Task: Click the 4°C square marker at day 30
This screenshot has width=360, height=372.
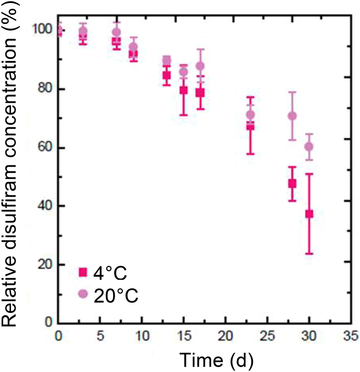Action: (x=309, y=214)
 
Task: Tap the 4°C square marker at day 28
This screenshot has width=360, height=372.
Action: (x=292, y=184)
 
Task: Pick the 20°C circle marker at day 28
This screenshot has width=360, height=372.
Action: (x=292, y=116)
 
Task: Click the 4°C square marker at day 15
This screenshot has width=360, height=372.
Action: (x=183, y=90)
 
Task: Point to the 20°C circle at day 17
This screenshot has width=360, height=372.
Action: (x=200, y=66)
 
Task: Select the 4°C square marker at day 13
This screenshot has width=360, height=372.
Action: (x=167, y=76)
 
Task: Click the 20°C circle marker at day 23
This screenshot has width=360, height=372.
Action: (x=251, y=114)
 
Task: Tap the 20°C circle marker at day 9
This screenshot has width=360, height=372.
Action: (x=134, y=47)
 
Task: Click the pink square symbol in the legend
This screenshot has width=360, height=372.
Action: (x=83, y=273)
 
